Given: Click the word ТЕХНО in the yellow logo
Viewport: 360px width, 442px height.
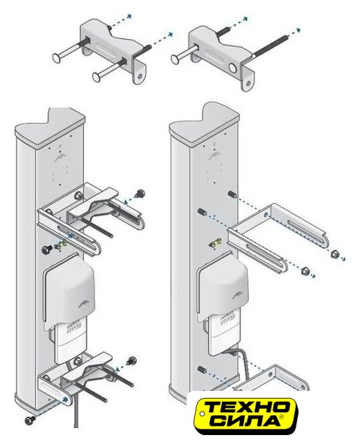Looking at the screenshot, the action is pyautogui.click(x=246, y=407).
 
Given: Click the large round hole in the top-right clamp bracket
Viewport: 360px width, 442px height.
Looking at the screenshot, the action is pyautogui.click(x=234, y=68).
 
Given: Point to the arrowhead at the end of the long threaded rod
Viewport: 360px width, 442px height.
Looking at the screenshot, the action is pyautogui.click(x=298, y=30).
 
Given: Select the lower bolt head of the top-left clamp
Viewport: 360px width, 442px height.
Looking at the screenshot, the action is pyautogui.click(x=97, y=77).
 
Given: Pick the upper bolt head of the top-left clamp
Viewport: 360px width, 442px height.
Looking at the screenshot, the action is pyautogui.click(x=57, y=58).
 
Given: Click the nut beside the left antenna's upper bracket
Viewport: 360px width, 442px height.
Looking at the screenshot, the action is pyautogui.click(x=140, y=193).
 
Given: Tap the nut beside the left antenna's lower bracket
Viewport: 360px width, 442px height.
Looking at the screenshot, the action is pyautogui.click(x=132, y=361).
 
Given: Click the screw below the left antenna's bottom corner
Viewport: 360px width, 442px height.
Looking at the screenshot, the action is pyautogui.click(x=30, y=420).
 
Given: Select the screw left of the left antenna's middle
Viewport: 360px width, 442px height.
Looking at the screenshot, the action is pyautogui.click(x=47, y=249).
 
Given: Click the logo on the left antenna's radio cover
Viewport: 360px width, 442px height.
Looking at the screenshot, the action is pyautogui.click(x=84, y=305).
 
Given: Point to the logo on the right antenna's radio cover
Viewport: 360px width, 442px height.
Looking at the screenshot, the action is pyautogui.click(x=238, y=296).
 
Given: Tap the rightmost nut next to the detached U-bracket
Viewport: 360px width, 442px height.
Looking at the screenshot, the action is pyautogui.click(x=334, y=253).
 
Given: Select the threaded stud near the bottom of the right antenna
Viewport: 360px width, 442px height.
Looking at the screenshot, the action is pyautogui.click(x=202, y=369).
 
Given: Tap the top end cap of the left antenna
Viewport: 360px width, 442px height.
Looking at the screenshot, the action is pyautogui.click(x=50, y=129).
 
